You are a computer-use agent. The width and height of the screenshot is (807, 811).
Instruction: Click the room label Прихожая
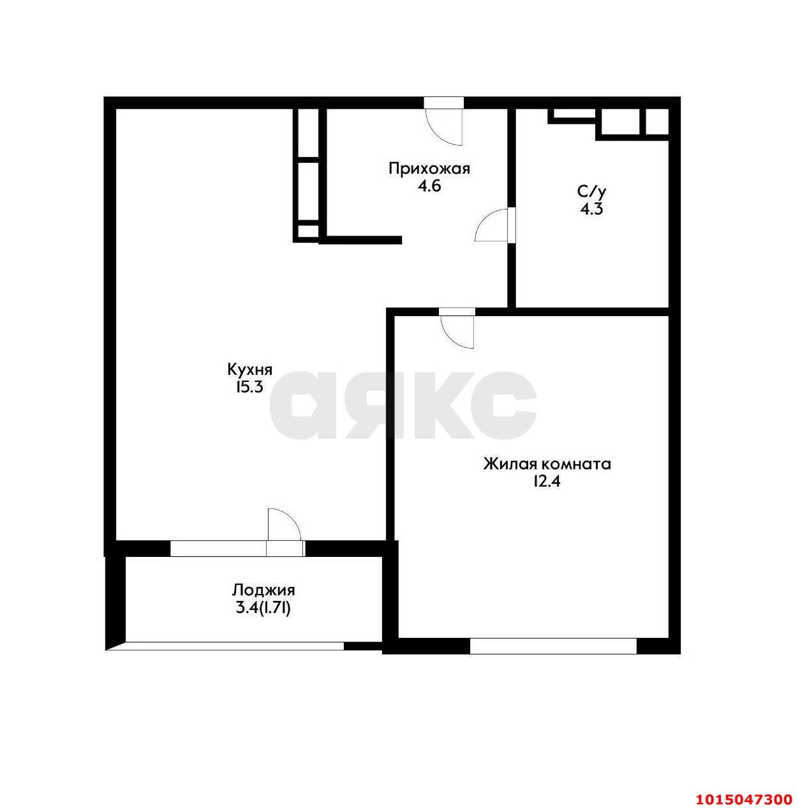pos(429,169)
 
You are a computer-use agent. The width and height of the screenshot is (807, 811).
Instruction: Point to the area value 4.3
pos(591,209)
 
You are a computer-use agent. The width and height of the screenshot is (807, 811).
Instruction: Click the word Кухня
pos(250,369)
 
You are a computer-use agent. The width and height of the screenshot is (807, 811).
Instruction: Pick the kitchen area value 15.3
pos(249,387)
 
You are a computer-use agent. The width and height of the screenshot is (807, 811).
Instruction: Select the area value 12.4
pos(546,481)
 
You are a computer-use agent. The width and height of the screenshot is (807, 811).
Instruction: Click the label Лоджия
pos(263,590)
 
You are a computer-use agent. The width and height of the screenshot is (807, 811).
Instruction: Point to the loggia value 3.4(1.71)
pos(263,608)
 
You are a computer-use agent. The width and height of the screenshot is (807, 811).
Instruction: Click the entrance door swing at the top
pos(445,125)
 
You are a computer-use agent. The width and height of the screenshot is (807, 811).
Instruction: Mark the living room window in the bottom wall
pos(553,646)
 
